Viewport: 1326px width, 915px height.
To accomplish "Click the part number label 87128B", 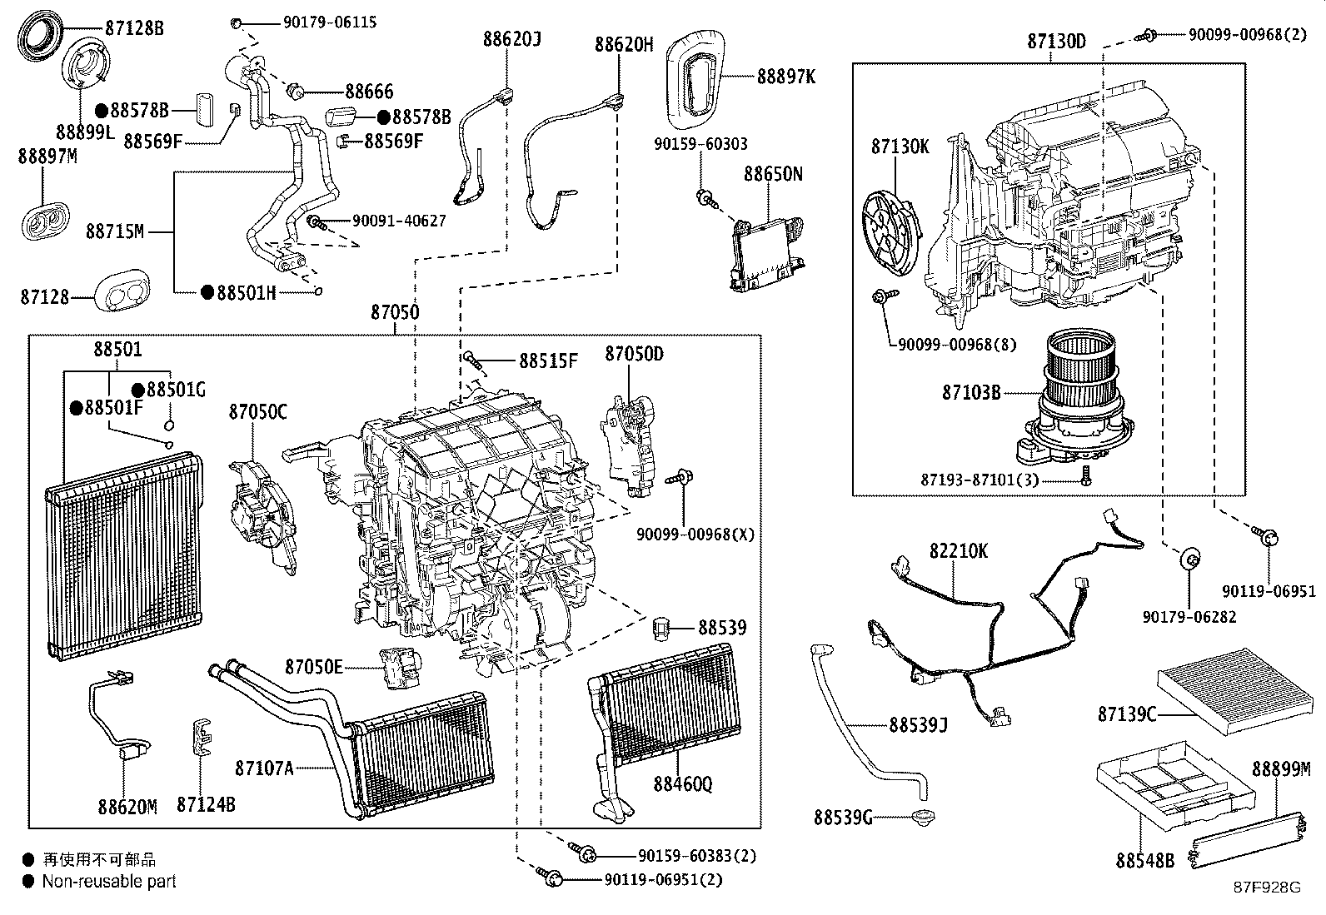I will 133,28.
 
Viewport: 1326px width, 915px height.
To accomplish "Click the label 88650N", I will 773,174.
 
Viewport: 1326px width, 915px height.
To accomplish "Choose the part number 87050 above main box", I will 395,313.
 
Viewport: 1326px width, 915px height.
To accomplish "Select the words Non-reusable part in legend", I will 109,881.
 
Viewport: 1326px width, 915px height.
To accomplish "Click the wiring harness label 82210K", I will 959,551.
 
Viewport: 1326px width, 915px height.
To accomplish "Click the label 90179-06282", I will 1189,616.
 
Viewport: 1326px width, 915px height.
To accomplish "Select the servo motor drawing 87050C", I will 260,508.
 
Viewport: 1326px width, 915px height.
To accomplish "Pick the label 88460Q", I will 683,783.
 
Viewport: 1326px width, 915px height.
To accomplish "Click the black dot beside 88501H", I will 207,293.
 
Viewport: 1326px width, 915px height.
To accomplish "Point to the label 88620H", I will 624,44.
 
